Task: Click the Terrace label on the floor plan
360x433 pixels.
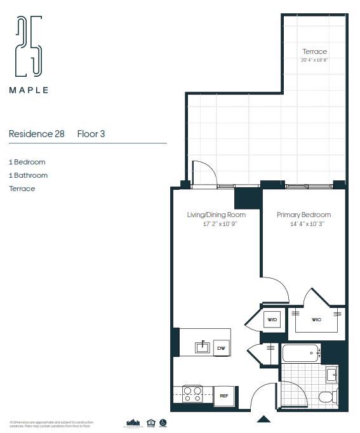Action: coord(314,51)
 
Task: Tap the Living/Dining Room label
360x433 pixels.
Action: coord(216,215)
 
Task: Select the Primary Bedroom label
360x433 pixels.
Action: coord(303,215)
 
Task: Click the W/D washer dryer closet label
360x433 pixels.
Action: coord(272,319)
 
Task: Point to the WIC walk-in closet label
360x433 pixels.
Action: coord(316,319)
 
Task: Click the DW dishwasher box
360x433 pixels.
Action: coord(222,348)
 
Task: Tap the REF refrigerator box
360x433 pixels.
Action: coord(223,396)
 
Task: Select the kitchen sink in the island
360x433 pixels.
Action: coord(203,347)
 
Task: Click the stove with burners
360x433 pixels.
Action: coord(192,394)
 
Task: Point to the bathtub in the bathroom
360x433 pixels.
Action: coord(301,353)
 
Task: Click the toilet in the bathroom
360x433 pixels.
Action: coord(326,397)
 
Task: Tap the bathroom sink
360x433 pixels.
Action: coord(332,375)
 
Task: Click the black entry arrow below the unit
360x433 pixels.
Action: coord(264,419)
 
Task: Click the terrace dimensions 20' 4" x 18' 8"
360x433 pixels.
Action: coord(314,60)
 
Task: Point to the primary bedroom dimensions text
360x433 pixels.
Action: coord(303,224)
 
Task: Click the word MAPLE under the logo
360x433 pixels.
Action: coord(29,90)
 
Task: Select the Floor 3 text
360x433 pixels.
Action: coord(91,134)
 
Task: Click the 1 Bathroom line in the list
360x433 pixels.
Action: coord(28,175)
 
